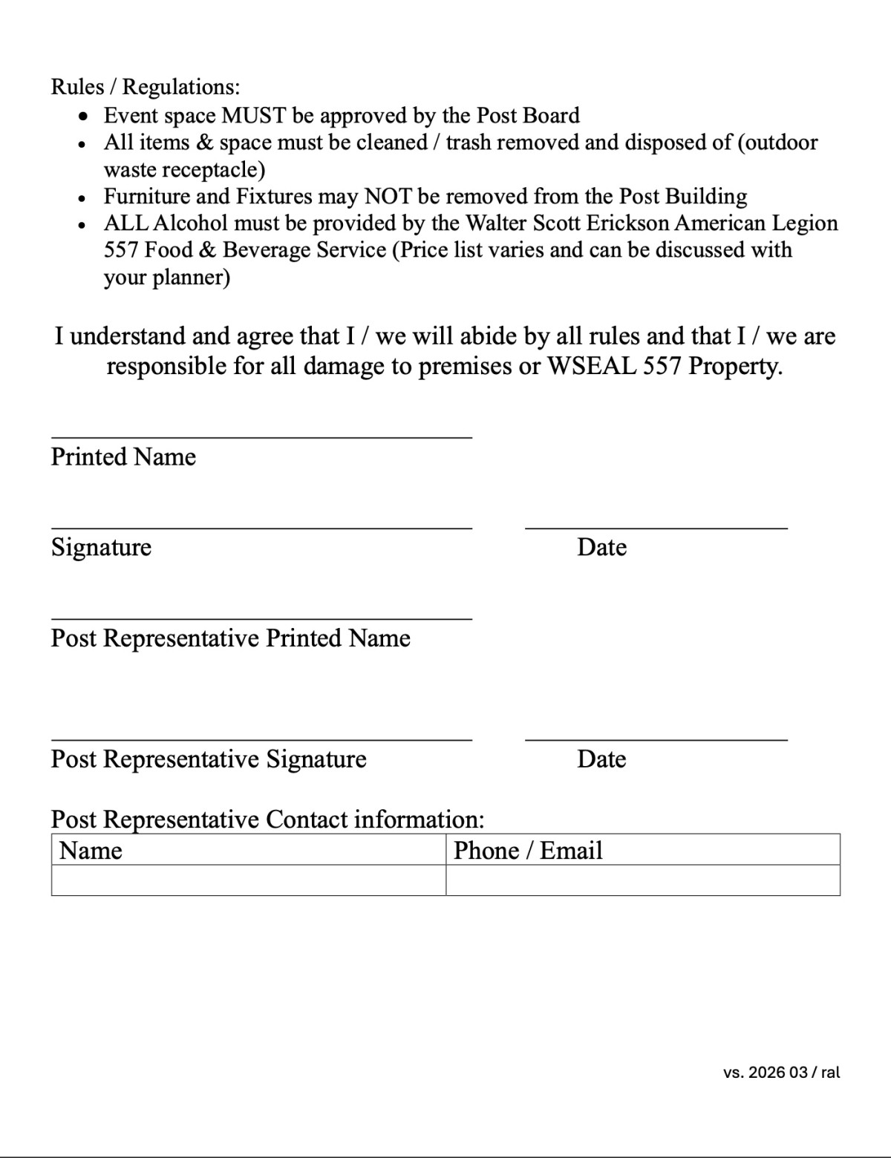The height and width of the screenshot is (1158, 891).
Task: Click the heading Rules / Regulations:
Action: (146, 87)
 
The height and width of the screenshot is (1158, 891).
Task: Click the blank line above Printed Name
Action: (261, 437)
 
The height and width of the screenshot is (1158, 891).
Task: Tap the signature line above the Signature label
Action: (261, 528)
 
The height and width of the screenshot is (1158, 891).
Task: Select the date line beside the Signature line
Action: (656, 528)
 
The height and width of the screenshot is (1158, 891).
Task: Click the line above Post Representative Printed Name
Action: (261, 618)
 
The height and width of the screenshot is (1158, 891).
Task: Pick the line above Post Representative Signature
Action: (261, 739)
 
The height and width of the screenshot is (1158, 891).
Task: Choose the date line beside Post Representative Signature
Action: (656, 739)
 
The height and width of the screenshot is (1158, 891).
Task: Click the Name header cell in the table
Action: (249, 850)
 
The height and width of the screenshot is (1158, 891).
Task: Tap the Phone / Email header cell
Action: (642, 850)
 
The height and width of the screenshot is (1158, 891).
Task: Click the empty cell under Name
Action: (249, 880)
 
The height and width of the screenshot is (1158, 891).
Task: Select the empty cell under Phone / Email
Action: (642, 880)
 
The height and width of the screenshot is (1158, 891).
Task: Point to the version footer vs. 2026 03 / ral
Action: (781, 1073)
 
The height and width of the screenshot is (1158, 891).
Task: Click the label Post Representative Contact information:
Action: (267, 820)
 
